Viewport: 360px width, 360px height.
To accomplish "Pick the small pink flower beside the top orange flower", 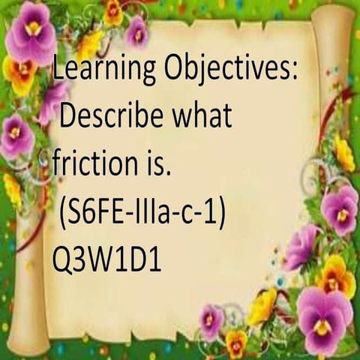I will pyautogui.click(x=137, y=32).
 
